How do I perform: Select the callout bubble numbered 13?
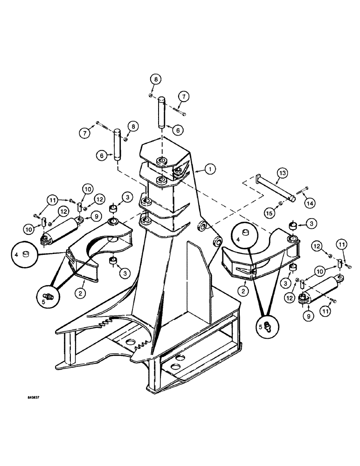(281, 173)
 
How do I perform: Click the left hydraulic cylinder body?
(62, 231)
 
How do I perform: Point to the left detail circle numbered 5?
(48, 295)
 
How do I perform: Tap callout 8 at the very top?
(156, 79)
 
